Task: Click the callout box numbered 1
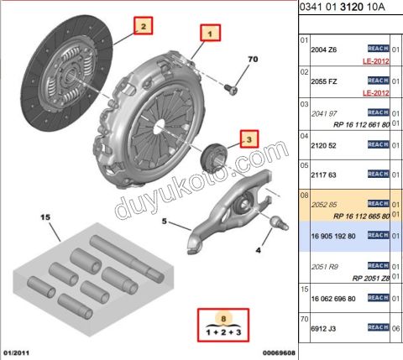[x=211, y=34]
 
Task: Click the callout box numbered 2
[x=144, y=27]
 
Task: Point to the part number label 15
[x=46, y=217]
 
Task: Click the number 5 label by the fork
[x=165, y=223]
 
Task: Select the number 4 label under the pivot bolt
[x=259, y=250]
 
